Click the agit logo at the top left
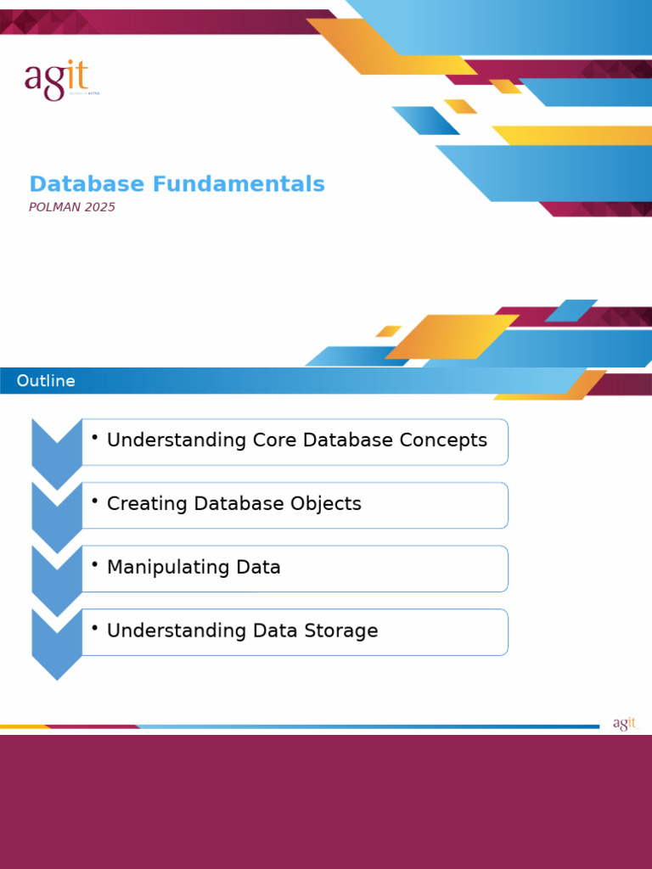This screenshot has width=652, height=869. point(56,80)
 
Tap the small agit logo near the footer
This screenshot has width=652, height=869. point(624,724)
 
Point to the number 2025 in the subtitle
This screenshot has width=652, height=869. point(99,207)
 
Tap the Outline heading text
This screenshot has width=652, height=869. point(46,381)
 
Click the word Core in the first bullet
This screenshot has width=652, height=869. point(274,440)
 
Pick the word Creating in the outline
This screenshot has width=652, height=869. point(147,503)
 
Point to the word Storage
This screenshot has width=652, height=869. point(339,631)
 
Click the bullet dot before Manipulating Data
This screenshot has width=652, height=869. point(95,563)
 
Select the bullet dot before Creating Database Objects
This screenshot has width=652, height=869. point(95,500)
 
